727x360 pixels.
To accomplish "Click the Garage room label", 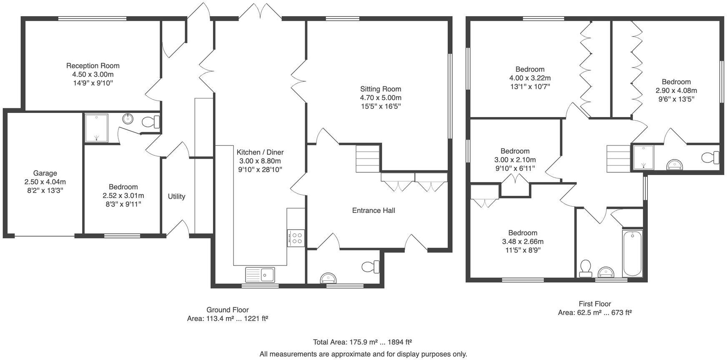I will [x=45, y=173].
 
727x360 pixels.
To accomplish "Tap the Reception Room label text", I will [x=93, y=65].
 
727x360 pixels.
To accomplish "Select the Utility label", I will [x=176, y=196].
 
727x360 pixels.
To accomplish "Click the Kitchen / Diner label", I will [x=260, y=152].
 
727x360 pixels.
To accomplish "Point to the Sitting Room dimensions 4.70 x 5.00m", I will [x=381, y=97].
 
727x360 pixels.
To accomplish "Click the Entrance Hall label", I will [x=373, y=210].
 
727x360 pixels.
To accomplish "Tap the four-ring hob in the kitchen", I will [x=296, y=238].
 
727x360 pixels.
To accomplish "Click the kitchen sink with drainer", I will [x=260, y=274].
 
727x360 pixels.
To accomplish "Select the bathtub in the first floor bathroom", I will [x=632, y=253].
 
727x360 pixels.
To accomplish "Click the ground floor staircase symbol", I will [x=367, y=158].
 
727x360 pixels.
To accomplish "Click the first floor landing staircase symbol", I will [x=618, y=158].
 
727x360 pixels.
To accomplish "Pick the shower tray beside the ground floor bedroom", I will [x=96, y=127].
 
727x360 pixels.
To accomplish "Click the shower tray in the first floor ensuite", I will [x=643, y=157].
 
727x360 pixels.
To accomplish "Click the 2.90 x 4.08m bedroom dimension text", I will [x=676, y=90].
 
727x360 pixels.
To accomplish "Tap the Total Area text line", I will [x=362, y=342].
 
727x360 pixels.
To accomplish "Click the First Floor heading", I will [x=594, y=304].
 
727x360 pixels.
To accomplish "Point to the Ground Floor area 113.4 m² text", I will [x=227, y=319].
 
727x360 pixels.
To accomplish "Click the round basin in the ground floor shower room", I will [x=128, y=119].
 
